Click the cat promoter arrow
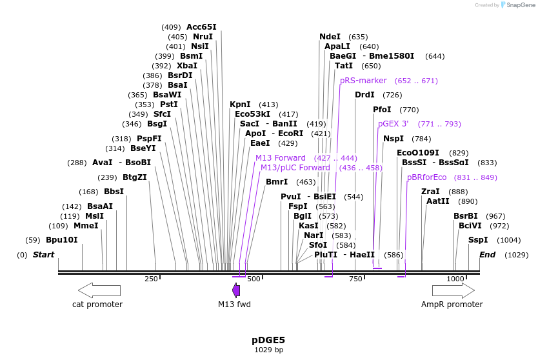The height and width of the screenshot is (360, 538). coord(99,290)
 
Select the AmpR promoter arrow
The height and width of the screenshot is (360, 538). coord(453,290)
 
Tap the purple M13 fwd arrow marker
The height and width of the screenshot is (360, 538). coord(236,290)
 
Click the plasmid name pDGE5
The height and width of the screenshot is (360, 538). coord(268,340)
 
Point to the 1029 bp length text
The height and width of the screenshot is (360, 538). coord(268,350)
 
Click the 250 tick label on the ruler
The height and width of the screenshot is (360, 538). coord(151,279)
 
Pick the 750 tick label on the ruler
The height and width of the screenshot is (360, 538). coord(355,279)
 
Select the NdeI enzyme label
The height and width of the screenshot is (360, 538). coord(330,37)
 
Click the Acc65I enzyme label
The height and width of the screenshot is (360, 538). coord(201,27)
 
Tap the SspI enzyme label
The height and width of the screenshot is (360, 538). coord(478,240)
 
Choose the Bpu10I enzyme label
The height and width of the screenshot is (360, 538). coord(61,240)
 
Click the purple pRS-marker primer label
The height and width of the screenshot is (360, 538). coord(363,81)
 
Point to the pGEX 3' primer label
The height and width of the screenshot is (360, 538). coord(393,124)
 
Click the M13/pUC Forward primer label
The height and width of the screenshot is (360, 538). coord(295,168)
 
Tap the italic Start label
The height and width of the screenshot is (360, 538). coord(43,255)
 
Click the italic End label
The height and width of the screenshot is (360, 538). coord(487,255)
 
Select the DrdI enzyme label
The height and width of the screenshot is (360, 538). coord(364,95)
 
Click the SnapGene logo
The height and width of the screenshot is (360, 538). coord(518,5)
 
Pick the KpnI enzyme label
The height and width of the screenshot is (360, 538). coord(240,105)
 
